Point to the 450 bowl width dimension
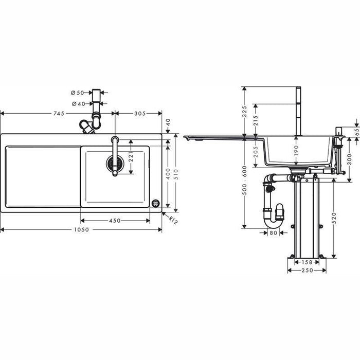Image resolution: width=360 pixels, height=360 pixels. (115, 221)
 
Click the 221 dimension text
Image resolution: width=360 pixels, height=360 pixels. (131, 155)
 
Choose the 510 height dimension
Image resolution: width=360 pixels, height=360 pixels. (176, 173)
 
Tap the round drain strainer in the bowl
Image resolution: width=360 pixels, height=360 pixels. (115, 164)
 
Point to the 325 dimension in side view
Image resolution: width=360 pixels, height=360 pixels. (245, 111)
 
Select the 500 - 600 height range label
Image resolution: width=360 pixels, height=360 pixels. (245, 177)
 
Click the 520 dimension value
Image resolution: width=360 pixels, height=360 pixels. (334, 218)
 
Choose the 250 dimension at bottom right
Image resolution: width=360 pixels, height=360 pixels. (307, 270)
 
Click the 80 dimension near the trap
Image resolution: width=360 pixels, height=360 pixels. (273, 232)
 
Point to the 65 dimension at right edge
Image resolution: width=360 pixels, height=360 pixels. (356, 131)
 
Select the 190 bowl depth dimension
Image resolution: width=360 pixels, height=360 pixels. (296, 150)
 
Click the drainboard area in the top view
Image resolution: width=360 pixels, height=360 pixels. (43, 176)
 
